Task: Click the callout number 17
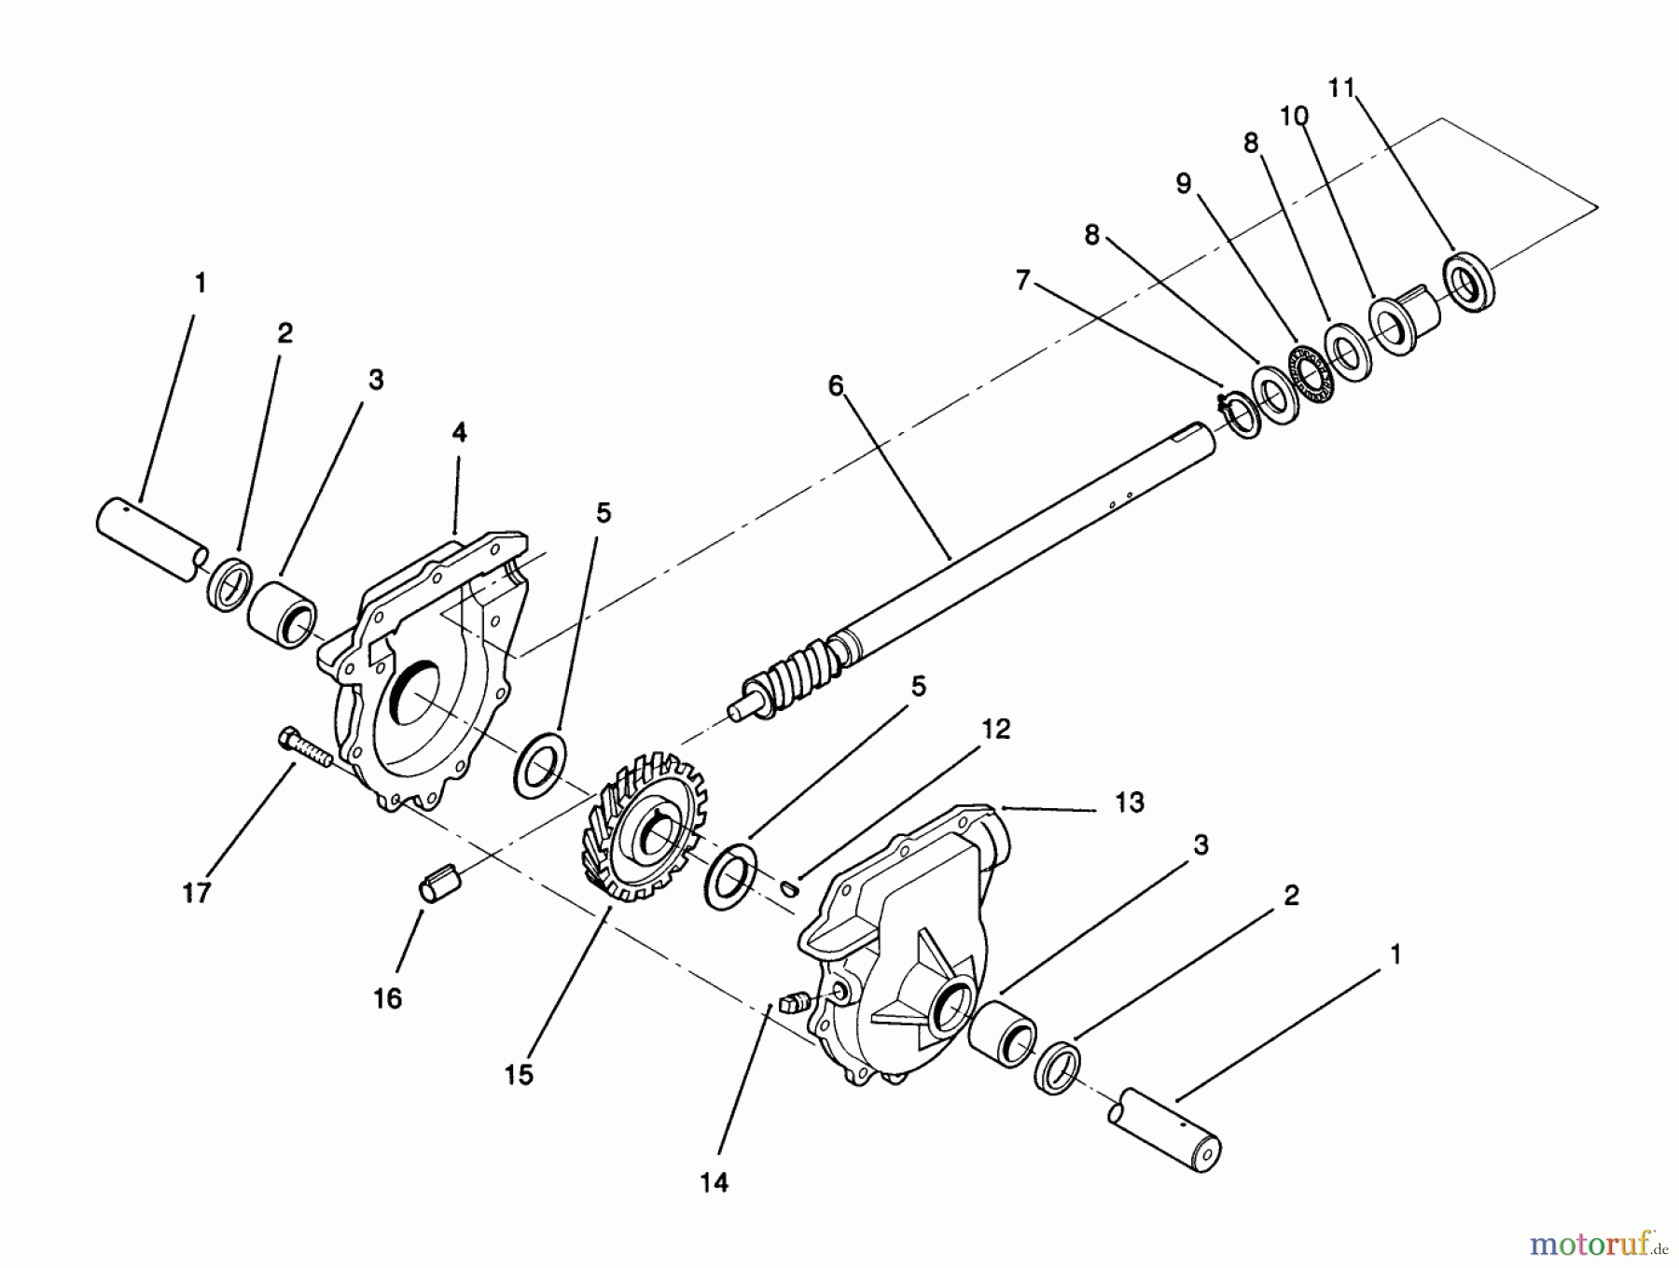click(197, 893)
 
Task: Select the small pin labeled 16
click(438, 884)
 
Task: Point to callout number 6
click(835, 385)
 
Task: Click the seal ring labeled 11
click(1470, 281)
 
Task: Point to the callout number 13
click(1130, 802)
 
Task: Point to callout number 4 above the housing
click(458, 433)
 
